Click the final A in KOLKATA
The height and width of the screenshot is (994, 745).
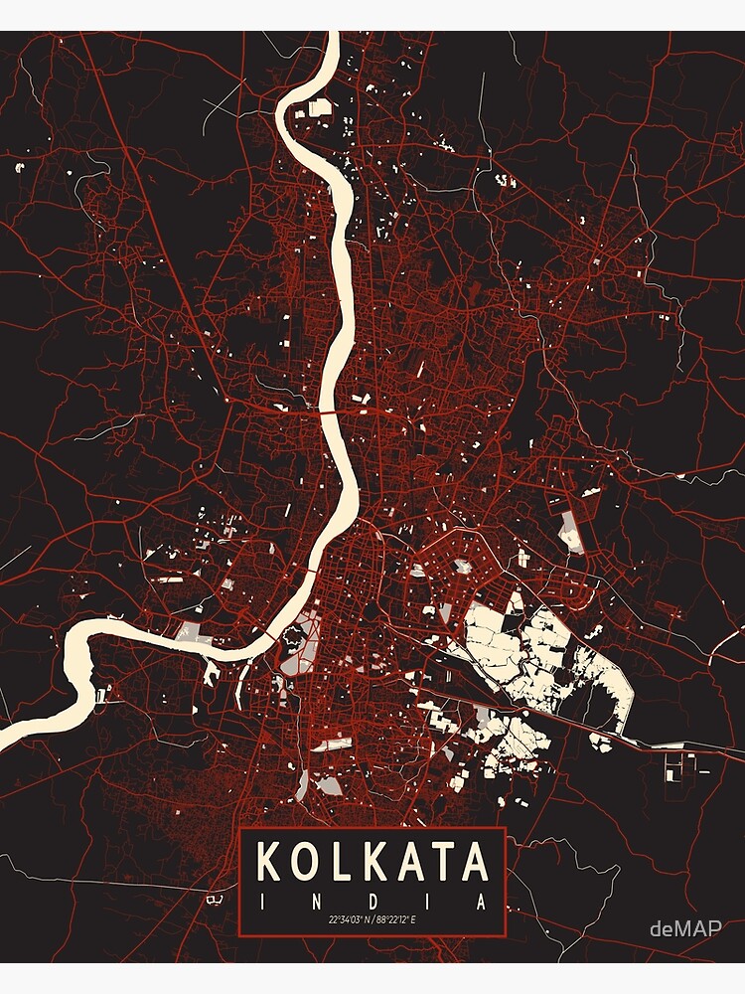point(477,862)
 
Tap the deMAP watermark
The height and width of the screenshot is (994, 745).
point(684,929)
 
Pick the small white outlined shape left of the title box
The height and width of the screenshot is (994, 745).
point(214,899)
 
